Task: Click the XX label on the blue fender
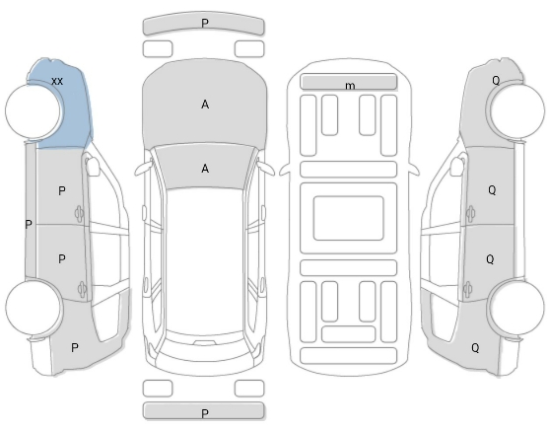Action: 57,82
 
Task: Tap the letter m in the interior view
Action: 350,86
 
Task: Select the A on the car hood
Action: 205,105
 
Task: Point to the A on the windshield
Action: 205,169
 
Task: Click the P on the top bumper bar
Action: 205,23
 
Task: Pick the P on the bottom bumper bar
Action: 205,413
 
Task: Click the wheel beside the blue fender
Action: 33,110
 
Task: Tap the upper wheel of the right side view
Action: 517,110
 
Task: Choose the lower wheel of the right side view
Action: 516,308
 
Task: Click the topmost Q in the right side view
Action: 496,81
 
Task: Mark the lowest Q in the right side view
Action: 475,348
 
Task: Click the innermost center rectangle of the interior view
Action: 348,218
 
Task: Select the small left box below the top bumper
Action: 158,48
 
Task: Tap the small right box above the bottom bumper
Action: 249,389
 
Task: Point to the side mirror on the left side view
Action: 93,166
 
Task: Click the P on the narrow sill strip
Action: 29,224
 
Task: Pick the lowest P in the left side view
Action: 74,348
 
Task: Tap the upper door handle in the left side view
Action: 79,213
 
